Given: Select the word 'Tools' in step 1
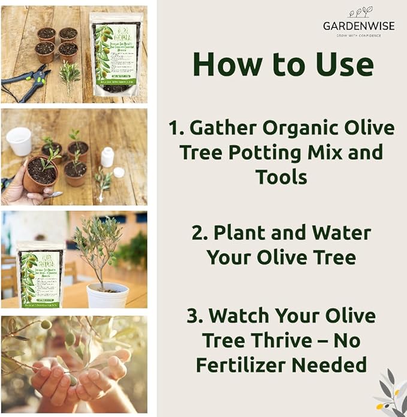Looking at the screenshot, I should click(x=282, y=177).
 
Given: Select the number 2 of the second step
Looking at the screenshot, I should click(x=199, y=232).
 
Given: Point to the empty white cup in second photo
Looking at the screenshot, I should click(x=19, y=141).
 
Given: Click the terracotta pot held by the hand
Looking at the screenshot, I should click(x=40, y=174).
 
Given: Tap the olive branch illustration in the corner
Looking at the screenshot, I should click(x=390, y=392).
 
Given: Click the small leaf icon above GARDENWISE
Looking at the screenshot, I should click(x=360, y=12).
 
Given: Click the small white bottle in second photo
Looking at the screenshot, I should click(x=107, y=157).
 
